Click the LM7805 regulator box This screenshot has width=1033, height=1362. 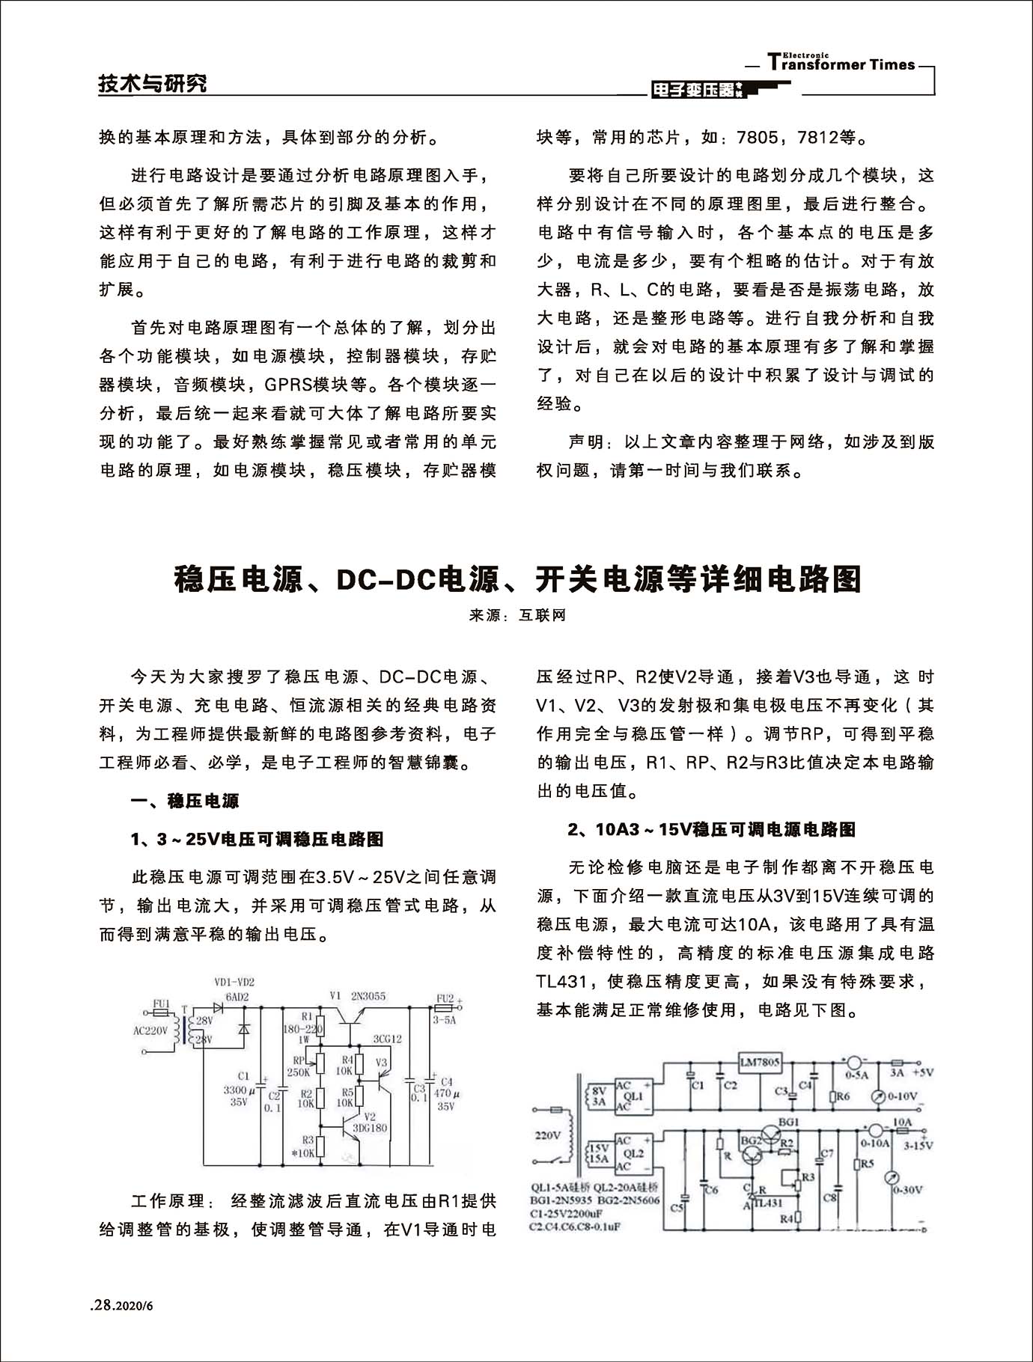pos(760,1062)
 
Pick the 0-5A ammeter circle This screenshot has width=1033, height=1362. pos(853,1062)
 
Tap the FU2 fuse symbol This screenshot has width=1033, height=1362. pos(445,1007)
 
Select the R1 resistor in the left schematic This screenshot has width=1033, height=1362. pos(320,1026)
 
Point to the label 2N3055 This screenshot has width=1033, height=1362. pos(368,995)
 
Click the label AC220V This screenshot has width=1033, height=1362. pos(150,1030)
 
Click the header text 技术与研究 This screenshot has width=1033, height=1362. pos(153,84)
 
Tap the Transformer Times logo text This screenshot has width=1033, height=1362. pos(841,64)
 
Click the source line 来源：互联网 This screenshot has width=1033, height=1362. pos(517,615)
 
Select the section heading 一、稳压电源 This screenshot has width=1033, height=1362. pos(184,801)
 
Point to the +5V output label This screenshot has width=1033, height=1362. pos(922,1072)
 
